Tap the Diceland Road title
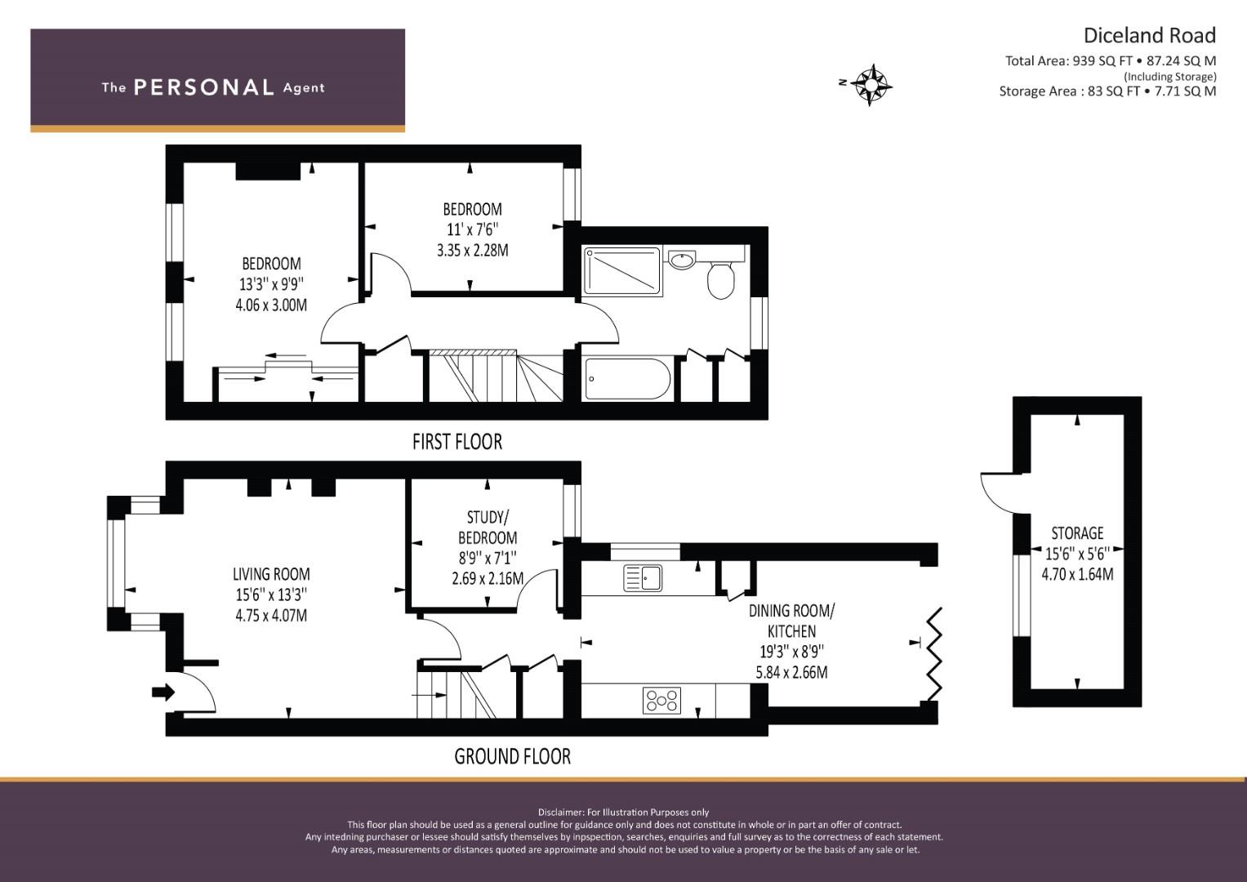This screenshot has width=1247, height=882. pos(1149,36)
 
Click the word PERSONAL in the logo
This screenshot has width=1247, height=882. pos(204,87)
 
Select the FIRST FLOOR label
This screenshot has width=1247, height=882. pos(457,442)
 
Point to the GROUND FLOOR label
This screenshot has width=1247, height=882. pos(512,756)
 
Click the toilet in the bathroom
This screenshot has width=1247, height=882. pos(721,280)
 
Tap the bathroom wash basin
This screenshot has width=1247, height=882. pos(681,260)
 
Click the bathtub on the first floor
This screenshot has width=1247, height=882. pos(626,379)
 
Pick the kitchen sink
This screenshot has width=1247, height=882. pos(643,577)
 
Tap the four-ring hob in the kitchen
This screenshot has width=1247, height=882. pos(661,701)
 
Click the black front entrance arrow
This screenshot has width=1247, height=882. pos(163,693)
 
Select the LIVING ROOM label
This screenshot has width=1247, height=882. pos(271,574)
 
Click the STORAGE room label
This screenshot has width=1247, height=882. pos(1077,533)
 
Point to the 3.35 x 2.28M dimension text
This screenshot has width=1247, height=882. pos(473,250)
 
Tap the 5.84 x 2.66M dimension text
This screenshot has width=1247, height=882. pos(791,672)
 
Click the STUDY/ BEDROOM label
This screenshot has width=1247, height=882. pos(487,528)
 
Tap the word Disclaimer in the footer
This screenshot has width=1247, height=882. pos(560,813)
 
